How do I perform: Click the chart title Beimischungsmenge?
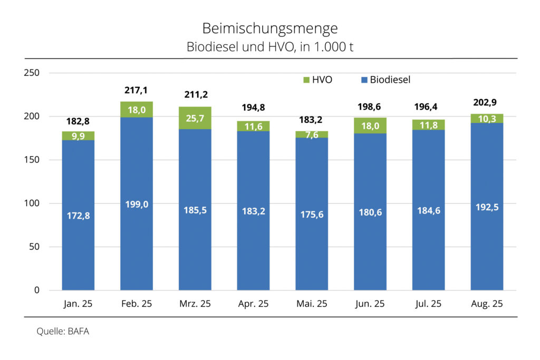(269, 28)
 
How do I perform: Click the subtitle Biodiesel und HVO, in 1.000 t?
(269, 46)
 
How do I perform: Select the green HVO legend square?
(305, 80)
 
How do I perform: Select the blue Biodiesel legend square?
(363, 80)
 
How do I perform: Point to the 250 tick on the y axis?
(33, 73)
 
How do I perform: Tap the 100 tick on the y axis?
(33, 203)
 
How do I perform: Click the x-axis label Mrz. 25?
(195, 304)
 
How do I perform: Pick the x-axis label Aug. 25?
(486, 304)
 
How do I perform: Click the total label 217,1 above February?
(136, 91)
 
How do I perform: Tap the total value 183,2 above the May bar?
(312, 120)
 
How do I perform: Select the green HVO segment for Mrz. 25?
(195, 118)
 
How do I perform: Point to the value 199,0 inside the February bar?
(136, 204)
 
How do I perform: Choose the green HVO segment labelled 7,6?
(312, 134)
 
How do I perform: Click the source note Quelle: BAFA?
(59, 332)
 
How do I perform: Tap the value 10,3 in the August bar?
(486, 119)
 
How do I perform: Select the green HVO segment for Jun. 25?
(370, 125)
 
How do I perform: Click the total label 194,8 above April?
(253, 108)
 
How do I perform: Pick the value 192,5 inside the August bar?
(486, 207)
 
